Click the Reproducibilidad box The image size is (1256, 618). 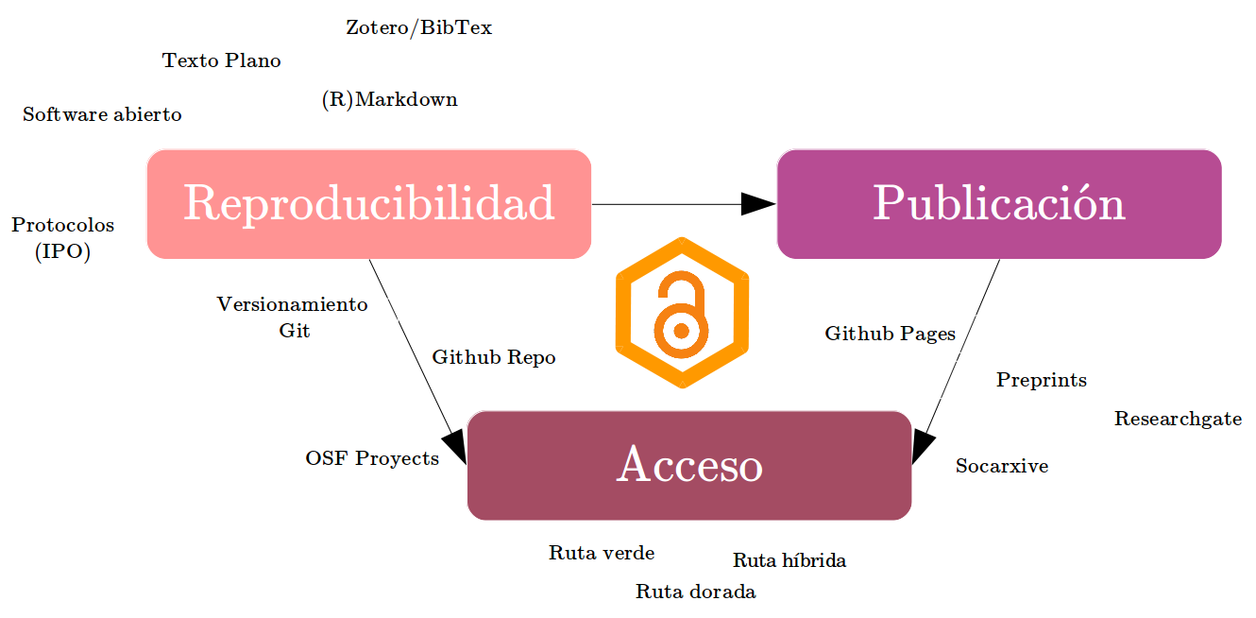tap(368, 203)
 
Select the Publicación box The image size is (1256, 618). tap(998, 203)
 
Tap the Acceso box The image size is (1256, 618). tap(689, 465)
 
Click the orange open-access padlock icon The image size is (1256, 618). tap(681, 313)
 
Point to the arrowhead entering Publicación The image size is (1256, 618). tap(758, 204)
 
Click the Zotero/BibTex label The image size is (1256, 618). tap(418, 27)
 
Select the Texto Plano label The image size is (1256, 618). tap(222, 60)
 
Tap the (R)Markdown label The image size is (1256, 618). tap(389, 99)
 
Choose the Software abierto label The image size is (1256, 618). tap(102, 114)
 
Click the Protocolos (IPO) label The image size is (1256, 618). tap(62, 238)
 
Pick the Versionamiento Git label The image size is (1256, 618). tap(292, 318)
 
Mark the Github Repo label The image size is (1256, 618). tap(494, 357)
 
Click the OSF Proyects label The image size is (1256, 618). tap(372, 458)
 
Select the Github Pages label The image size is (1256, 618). tap(890, 334)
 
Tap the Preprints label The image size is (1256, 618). tap(1042, 380)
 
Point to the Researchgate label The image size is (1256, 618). tap(1178, 419)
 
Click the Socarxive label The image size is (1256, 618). tap(1001, 466)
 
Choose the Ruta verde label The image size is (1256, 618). tap(602, 553)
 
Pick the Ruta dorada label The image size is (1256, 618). tap(695, 592)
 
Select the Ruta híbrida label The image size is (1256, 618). tap(789, 560)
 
